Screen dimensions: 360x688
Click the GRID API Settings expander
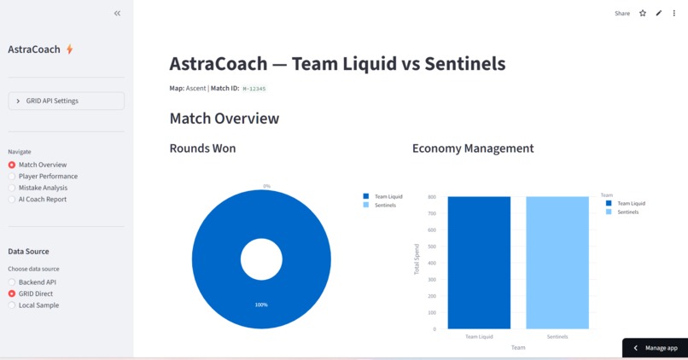pos(66,101)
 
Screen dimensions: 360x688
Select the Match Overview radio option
pos(12,165)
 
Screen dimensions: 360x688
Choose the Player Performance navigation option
pos(12,177)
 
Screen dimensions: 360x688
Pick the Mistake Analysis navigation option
pos(12,188)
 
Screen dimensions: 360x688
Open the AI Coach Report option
pos(12,200)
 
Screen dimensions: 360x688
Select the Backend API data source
pos(12,282)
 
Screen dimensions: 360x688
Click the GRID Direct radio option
pos(12,293)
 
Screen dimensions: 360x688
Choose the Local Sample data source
pos(12,305)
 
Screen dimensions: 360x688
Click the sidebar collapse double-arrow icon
pos(117,14)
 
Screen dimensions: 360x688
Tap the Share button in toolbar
pos(622,14)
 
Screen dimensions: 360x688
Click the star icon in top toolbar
pos(643,14)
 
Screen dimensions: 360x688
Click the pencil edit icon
pos(659,14)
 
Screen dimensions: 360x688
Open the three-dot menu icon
pos(674,14)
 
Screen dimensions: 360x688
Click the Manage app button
pos(655,348)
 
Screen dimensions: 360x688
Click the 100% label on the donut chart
pos(261,305)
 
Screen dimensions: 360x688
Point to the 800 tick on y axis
pos(432,197)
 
